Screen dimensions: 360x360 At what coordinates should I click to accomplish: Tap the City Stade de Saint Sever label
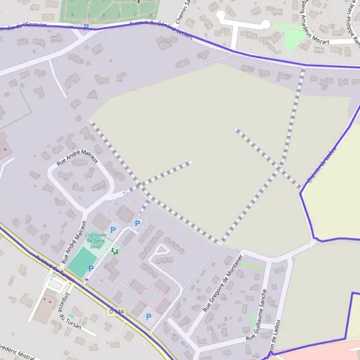[98, 240]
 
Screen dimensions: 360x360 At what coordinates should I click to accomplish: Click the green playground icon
[115, 251]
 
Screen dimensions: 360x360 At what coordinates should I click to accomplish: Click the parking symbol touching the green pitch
[90, 269]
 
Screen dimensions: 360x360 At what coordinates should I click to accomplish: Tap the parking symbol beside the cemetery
[86, 26]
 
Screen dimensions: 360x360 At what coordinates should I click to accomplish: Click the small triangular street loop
[160, 251]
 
